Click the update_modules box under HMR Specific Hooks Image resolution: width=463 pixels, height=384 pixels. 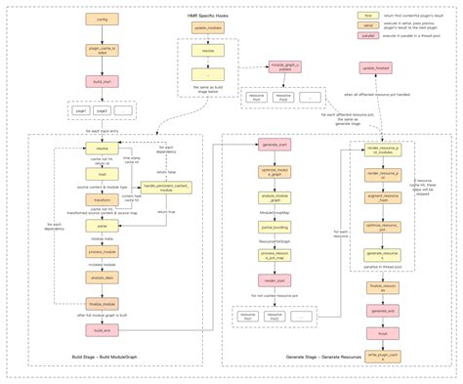coord(207,29)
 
